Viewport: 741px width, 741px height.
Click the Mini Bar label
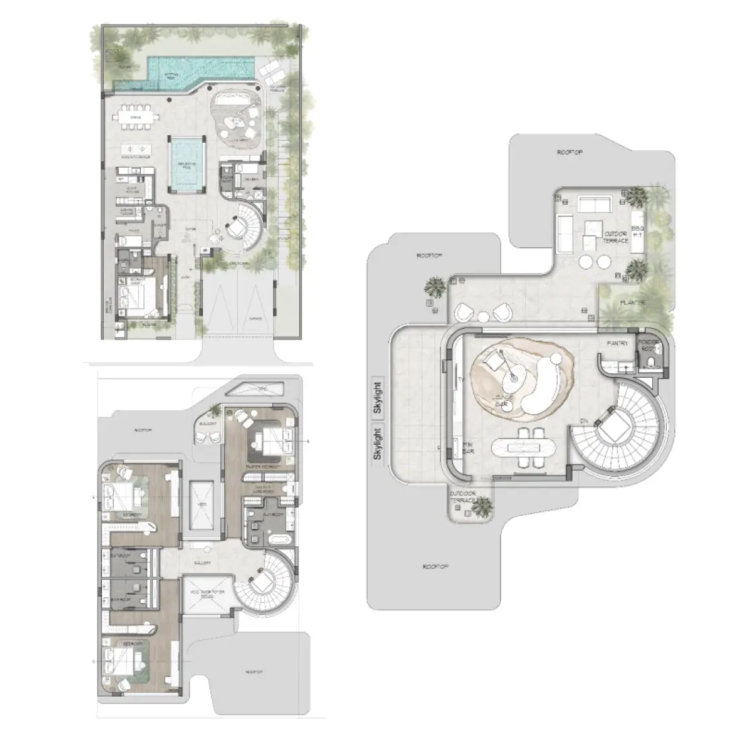[470, 447]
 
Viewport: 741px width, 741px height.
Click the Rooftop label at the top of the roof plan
[569, 153]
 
